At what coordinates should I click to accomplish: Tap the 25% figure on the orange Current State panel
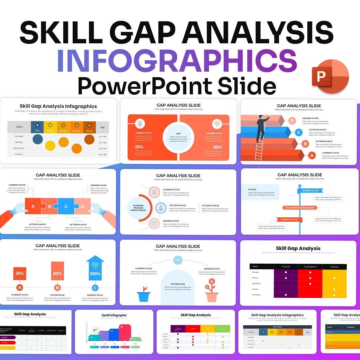[140, 147]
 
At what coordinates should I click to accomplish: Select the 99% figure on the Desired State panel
[218, 147]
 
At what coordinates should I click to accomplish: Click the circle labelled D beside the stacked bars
[292, 121]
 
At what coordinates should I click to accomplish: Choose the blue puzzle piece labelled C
[66, 206]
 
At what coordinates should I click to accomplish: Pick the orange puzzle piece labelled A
[33, 206]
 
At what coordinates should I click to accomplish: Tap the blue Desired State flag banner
[310, 191]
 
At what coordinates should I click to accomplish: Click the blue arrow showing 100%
[95, 269]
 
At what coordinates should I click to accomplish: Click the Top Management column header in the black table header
[310, 267]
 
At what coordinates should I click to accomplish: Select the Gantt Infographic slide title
[114, 315]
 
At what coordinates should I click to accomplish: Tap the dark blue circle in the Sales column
[37, 139]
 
